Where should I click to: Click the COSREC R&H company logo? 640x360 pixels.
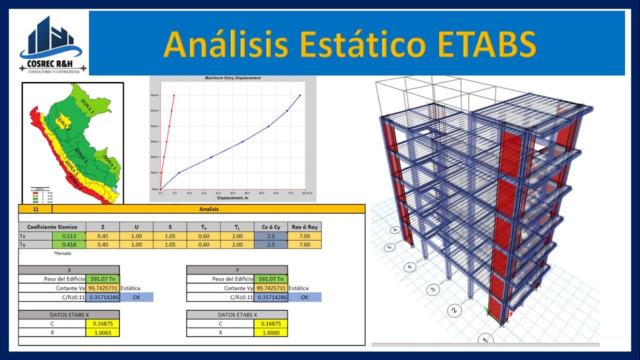tap(52, 44)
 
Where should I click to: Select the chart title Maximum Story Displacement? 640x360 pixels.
tap(232, 78)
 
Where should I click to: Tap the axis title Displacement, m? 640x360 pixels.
tap(232, 197)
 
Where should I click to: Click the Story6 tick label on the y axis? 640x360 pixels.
tap(154, 95)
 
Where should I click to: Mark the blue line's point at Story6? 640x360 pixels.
tap(300, 95)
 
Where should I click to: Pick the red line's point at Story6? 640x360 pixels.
tap(174, 95)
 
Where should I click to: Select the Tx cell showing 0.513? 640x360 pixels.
tap(68, 236)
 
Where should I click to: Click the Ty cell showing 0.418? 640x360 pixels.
tap(68, 244)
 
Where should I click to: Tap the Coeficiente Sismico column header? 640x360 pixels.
tap(52, 227)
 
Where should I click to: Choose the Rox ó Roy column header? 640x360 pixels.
tap(304, 227)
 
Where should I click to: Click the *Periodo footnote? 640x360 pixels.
tap(62, 253)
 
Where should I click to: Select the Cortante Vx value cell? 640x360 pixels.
tap(102, 288)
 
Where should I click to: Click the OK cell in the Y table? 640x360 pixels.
tap(304, 297)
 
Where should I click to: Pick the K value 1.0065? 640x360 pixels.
tap(102, 332)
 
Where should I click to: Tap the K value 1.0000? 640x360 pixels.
tap(270, 332)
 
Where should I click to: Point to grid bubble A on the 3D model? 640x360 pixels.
tap(395, 230)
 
